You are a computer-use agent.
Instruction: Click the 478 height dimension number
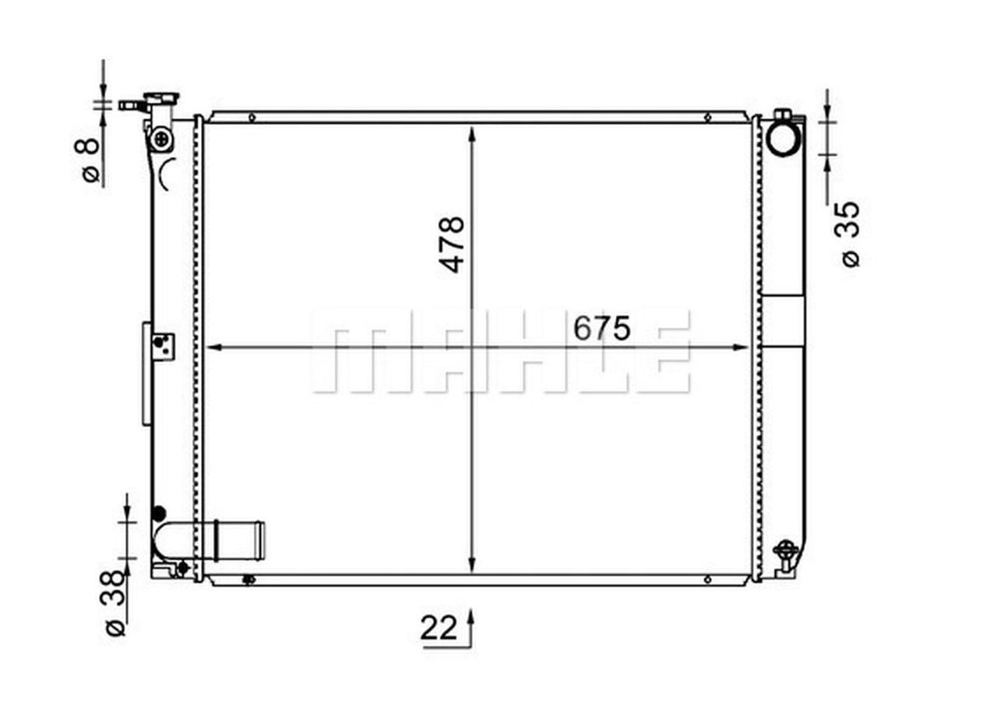tap(453, 244)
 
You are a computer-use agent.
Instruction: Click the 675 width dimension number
tap(601, 329)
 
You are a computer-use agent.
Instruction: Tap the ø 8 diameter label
tap(91, 160)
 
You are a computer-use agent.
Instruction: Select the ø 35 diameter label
tap(851, 235)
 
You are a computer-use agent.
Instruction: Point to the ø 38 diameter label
tap(114, 603)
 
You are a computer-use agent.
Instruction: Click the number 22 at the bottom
tap(439, 628)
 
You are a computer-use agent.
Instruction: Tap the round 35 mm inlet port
tap(783, 138)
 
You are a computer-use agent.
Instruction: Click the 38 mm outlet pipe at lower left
tap(234, 539)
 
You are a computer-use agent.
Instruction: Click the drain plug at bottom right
tap(786, 552)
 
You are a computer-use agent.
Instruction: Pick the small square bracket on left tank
tap(163, 346)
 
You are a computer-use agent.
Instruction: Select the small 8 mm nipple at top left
tap(129, 104)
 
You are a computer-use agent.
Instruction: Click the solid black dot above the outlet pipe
tap(159, 513)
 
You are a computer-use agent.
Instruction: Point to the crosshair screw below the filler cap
tap(162, 140)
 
